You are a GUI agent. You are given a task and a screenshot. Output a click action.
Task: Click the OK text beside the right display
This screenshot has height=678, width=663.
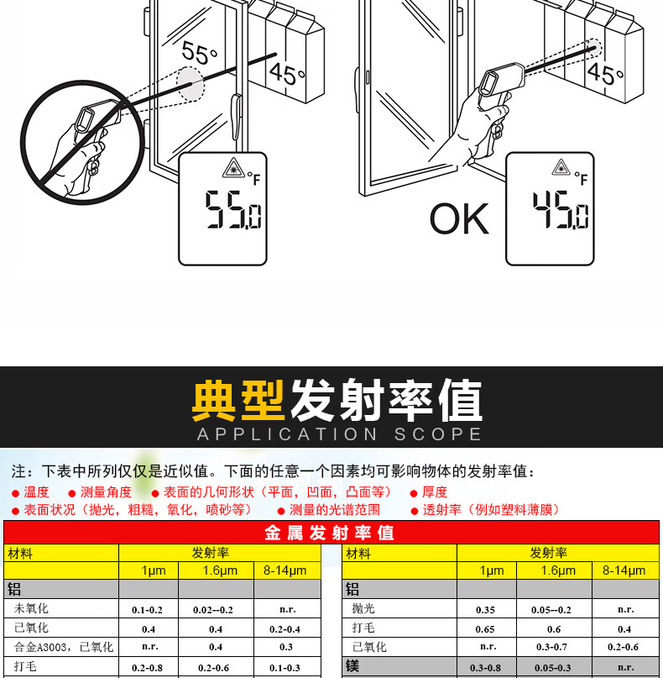tap(459, 218)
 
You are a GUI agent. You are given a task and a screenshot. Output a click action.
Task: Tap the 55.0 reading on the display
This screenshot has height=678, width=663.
tap(222, 211)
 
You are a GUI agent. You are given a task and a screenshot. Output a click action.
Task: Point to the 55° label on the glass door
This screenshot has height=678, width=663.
tap(200, 55)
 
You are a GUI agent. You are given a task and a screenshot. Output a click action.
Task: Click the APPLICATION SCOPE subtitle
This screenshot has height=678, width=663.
tap(339, 434)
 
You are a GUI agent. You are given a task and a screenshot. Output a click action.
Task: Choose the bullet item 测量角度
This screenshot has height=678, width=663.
tap(106, 492)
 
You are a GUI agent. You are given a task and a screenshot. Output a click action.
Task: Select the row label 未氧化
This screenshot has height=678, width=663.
tap(31, 608)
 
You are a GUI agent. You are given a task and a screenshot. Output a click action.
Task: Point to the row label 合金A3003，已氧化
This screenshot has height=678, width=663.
tap(63, 647)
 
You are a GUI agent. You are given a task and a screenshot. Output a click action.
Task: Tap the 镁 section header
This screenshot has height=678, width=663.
tap(353, 666)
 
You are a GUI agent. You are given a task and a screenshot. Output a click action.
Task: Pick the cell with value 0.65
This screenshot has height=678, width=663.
tap(485, 628)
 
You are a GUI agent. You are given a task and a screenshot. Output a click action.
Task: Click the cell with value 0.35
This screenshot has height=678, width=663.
tap(485, 609)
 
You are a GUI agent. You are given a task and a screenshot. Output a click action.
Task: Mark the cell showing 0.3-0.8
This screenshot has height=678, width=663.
tap(485, 667)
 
